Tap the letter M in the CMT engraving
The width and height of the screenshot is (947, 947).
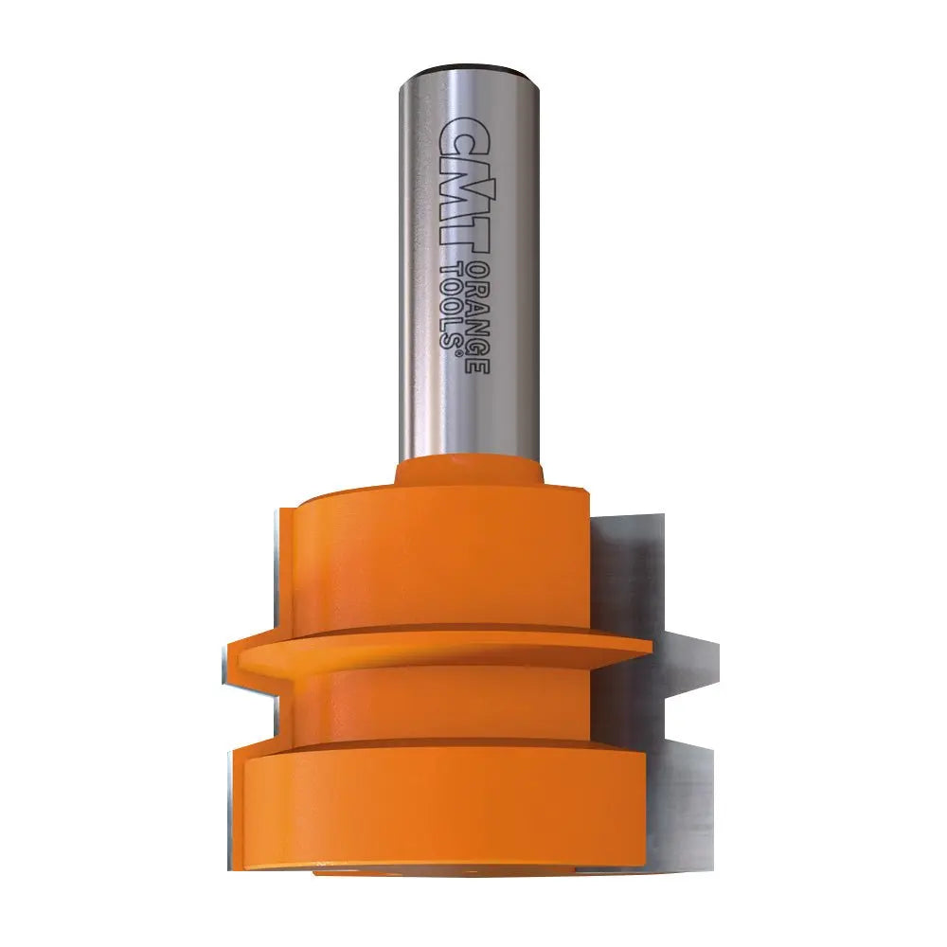[456, 185]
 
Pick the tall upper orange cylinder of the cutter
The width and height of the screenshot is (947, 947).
[436, 559]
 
